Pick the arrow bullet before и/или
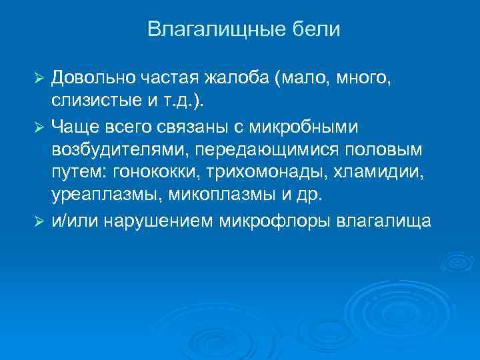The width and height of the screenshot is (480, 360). pos(39,221)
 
